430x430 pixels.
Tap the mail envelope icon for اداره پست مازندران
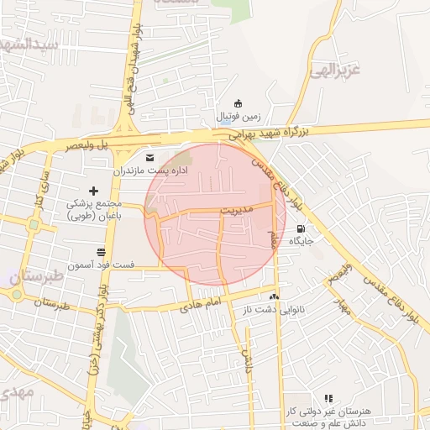click(150, 158)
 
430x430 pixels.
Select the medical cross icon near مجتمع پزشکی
click(93, 191)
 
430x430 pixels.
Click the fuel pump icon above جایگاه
click(301, 228)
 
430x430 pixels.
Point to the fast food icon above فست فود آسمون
click(102, 252)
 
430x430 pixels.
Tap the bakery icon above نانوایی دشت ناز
click(273, 296)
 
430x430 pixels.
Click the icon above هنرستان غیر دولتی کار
click(328, 398)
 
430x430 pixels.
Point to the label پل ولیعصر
click(92, 145)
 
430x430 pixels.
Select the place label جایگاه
click(301, 241)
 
